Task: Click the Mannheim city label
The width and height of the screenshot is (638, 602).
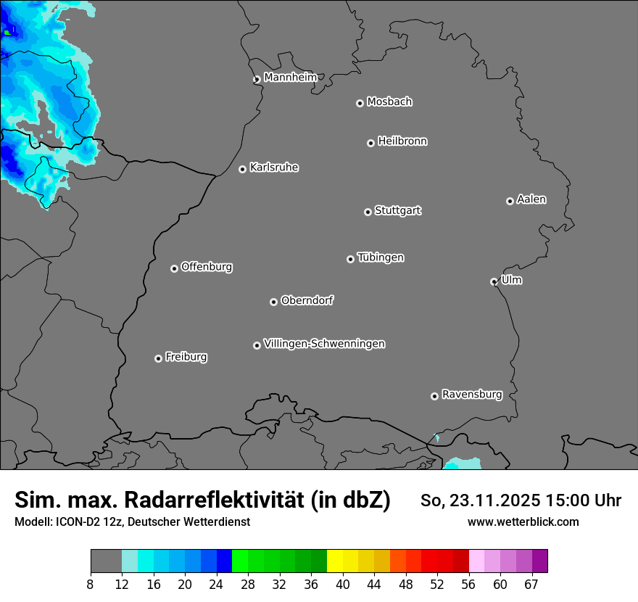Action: [290, 78]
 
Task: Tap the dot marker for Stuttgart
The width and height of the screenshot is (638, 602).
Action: [368, 212]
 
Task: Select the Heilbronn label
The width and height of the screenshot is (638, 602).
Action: [402, 141]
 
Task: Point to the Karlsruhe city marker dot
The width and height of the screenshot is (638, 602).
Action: [242, 169]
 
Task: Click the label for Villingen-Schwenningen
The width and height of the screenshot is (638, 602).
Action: [324, 344]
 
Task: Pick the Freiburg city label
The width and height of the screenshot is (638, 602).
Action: [186, 357]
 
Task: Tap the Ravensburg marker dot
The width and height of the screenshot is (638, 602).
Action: [434, 396]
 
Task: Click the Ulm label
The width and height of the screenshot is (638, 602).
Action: [511, 280]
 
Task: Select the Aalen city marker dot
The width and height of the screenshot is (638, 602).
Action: [510, 201]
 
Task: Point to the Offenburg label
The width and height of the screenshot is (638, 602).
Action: [206, 267]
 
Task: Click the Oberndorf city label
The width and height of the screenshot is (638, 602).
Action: [307, 300]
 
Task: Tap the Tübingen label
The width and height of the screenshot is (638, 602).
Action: [381, 257]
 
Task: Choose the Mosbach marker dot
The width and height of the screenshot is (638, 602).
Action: [360, 103]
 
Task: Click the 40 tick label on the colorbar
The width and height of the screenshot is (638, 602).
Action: [343, 585]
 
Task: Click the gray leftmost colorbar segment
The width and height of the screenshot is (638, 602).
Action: [106, 561]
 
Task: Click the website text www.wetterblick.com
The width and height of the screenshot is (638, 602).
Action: [523, 522]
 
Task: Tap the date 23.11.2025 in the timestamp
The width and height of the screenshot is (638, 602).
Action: [494, 500]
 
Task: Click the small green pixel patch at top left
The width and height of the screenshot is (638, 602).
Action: [8, 31]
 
